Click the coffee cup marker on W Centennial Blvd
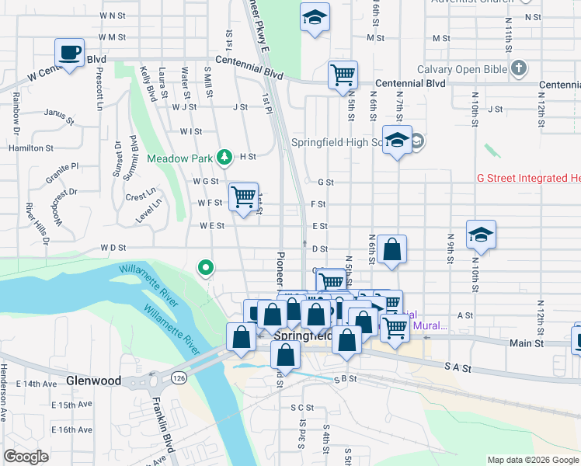coord(69,53)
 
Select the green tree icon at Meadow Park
coord(224,158)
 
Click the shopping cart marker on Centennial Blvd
coord(342,75)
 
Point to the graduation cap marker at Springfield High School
coord(398,141)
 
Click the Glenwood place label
coord(93,381)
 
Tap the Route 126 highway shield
coord(179,377)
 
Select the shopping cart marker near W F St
coord(244,197)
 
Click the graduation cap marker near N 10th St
coord(481,235)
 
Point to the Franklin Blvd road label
coord(162,423)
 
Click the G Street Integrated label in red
coord(528,179)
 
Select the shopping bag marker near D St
coord(392,250)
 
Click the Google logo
coord(26,456)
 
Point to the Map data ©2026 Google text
coord(532,460)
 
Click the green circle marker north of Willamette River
coord(206,268)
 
